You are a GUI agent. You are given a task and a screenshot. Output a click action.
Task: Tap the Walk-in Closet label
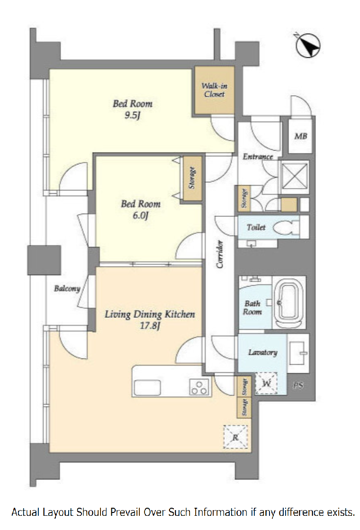point(214,90)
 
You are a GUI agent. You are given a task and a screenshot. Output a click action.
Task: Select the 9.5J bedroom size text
point(132,115)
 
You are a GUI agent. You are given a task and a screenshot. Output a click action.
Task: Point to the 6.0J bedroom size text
point(141,216)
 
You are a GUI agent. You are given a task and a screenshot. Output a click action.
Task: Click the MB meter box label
point(300,136)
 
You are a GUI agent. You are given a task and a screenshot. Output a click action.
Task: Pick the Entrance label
point(258,156)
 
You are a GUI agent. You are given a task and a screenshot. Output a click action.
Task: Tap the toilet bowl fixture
point(286,227)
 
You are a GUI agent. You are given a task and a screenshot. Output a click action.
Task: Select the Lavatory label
point(262,352)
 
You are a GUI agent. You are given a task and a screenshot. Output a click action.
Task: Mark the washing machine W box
point(266,383)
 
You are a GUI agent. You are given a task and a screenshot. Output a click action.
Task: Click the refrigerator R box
point(235,437)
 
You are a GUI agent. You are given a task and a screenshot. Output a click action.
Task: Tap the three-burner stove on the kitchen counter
point(199,387)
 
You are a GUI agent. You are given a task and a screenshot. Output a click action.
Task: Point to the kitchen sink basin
point(147,388)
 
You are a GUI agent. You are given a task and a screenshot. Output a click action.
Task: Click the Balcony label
point(67,288)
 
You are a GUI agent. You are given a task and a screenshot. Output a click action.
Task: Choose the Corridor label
point(220,254)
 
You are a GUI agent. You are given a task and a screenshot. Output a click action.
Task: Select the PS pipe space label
point(298,386)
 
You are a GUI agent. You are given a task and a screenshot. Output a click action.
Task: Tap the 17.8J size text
point(150,326)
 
